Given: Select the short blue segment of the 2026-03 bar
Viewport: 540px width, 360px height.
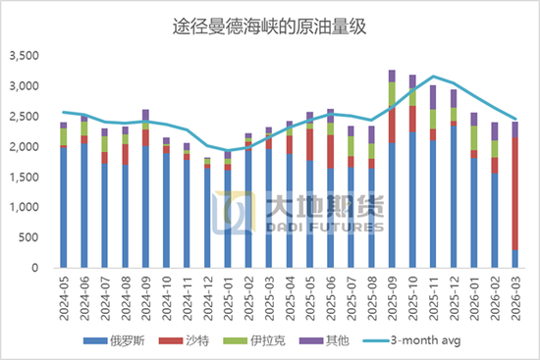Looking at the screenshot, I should pos(514,259).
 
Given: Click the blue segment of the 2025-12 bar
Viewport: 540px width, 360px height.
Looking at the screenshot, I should pos(453,196).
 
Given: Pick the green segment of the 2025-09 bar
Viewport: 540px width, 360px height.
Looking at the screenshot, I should pos(392,94).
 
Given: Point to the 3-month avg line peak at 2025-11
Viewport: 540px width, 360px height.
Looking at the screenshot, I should pos(433,76).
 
